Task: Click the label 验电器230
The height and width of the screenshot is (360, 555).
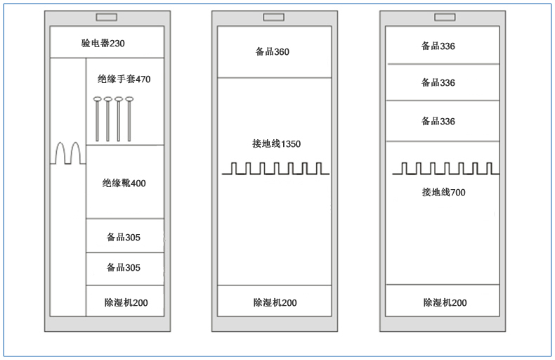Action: click(103, 43)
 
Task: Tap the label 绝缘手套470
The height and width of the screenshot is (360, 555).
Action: click(124, 79)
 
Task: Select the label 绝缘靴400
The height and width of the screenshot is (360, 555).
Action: click(124, 183)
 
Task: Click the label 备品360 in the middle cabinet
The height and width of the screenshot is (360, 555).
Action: click(272, 52)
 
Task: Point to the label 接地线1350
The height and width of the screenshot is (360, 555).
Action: click(276, 143)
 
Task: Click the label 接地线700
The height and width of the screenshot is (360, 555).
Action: click(443, 192)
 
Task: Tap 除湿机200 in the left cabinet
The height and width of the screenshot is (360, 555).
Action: click(126, 302)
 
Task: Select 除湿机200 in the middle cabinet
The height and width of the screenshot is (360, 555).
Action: click(275, 302)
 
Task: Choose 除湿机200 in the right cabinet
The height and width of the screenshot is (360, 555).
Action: click(445, 302)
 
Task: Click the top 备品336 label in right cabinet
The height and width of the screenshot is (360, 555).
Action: click(438, 46)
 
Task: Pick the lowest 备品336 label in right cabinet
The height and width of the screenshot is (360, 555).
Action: click(438, 121)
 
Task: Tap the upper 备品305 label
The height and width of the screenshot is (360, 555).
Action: click(124, 237)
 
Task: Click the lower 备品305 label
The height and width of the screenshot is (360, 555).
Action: click(124, 267)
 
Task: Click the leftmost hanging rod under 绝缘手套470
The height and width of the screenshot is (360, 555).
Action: click(98, 119)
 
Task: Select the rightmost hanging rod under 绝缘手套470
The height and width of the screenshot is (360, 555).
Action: click(129, 119)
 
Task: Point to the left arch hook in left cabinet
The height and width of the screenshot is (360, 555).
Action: click(60, 153)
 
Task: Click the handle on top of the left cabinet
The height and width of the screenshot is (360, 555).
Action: click(107, 17)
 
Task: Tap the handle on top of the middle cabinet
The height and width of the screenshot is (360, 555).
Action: click(273, 17)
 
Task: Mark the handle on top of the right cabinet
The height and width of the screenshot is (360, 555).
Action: click(445, 17)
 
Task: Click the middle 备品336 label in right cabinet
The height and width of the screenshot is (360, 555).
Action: click(438, 82)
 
